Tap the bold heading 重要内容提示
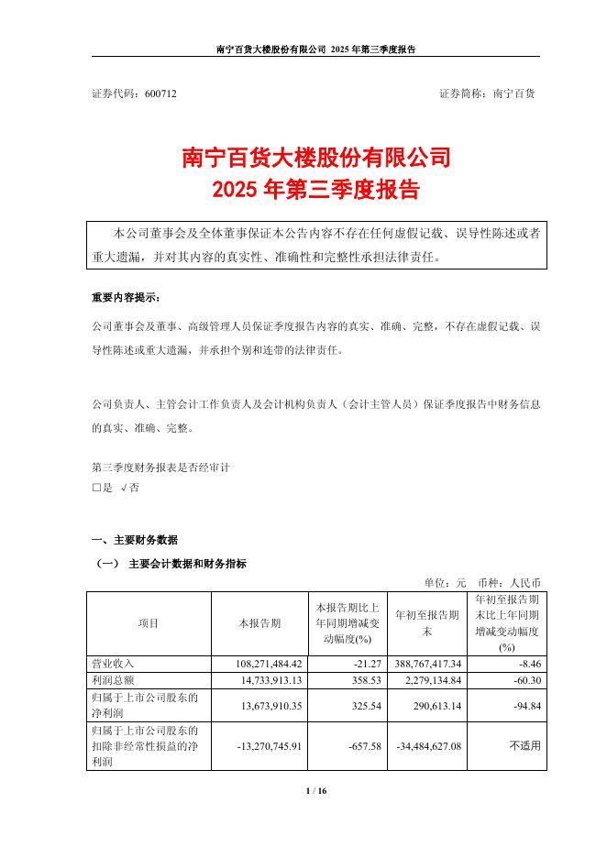point(130,299)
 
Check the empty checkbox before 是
point(96,489)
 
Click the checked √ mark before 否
point(124,489)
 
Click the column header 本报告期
point(259,622)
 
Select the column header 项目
point(149,622)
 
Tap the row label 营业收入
point(114,662)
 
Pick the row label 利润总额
point(114,679)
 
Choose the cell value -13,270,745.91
point(260,745)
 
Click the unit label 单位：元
point(446,581)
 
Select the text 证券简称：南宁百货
point(488,93)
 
